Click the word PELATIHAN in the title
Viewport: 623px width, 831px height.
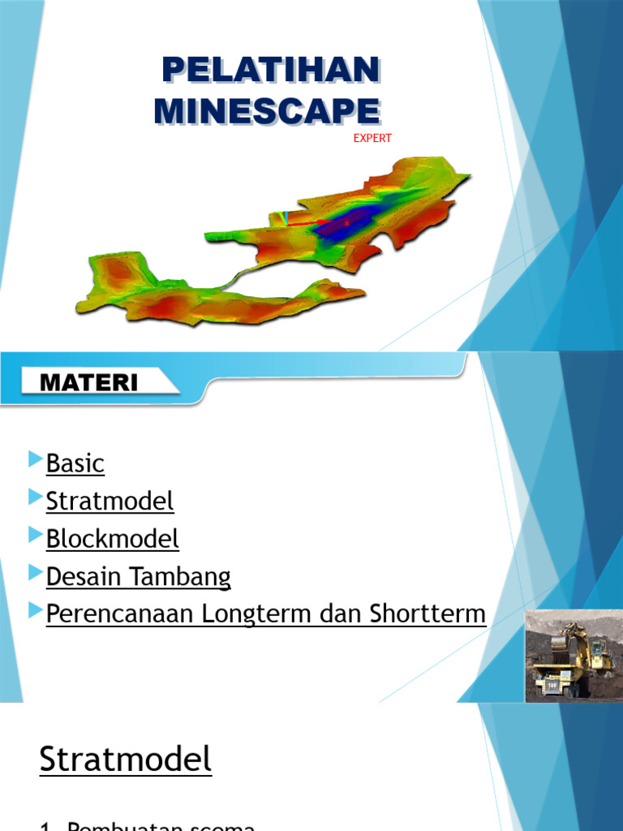270,71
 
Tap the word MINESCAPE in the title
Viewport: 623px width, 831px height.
267,110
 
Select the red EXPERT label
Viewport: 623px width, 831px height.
372,138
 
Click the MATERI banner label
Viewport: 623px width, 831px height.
90,382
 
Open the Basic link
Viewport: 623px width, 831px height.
75,463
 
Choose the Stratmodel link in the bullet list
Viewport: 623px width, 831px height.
110,502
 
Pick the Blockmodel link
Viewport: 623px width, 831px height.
112,539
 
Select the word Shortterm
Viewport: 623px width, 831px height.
428,614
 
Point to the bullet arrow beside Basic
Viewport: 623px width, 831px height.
34,460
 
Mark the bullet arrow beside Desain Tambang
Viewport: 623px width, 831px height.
34,573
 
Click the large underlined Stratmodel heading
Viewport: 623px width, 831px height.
126,760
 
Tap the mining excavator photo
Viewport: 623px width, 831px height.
570,656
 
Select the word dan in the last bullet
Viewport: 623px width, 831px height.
342,614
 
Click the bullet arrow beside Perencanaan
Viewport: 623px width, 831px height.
34,610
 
